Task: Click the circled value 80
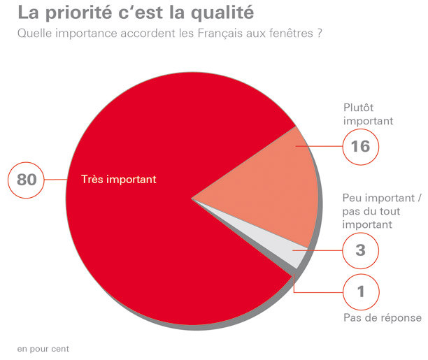27,180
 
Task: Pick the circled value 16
361,147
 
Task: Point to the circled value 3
361,249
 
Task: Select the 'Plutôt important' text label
369,114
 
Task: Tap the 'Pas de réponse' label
383,318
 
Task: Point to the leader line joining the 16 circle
319,147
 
